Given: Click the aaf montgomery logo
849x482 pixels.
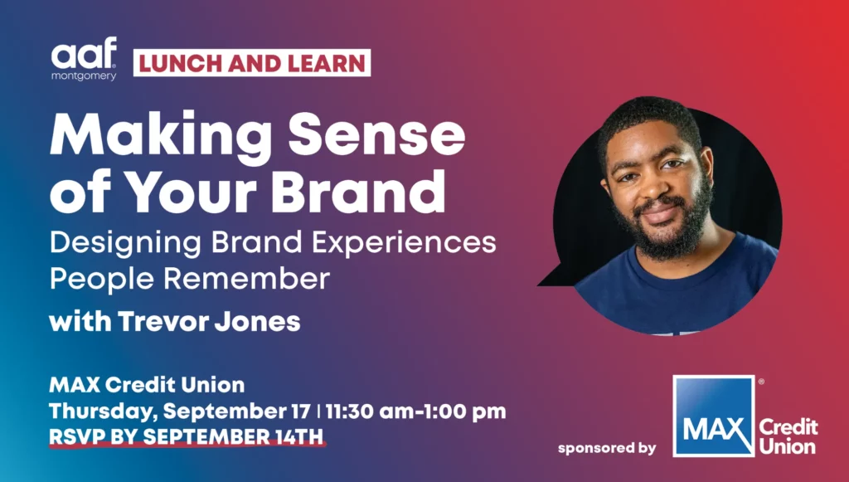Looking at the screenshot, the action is pyautogui.click(x=84, y=59).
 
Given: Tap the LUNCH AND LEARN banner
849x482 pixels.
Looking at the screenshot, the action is pyautogui.click(x=252, y=63).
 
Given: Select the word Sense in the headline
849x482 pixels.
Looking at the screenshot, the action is pyautogui.click(x=376, y=133).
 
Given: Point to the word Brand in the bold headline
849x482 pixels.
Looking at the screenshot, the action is pyautogui.click(x=358, y=190).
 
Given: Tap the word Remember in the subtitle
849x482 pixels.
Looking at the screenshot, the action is pyautogui.click(x=246, y=279).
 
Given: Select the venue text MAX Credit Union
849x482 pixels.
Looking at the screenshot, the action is pyautogui.click(x=147, y=384).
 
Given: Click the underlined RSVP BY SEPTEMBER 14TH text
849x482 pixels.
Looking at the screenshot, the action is pyautogui.click(x=187, y=436).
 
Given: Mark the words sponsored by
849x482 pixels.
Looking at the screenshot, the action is pyautogui.click(x=607, y=449).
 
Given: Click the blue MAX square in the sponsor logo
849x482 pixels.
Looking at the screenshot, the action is pyautogui.click(x=714, y=416).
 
